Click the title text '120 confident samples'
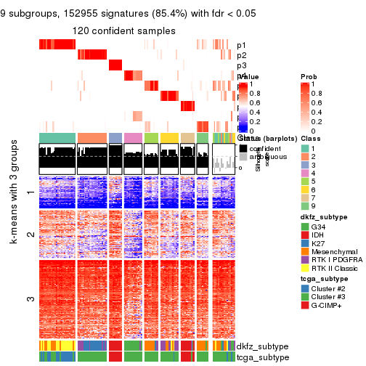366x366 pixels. click(123, 30)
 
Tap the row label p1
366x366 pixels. click(241, 45)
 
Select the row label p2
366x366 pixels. click(241, 55)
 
